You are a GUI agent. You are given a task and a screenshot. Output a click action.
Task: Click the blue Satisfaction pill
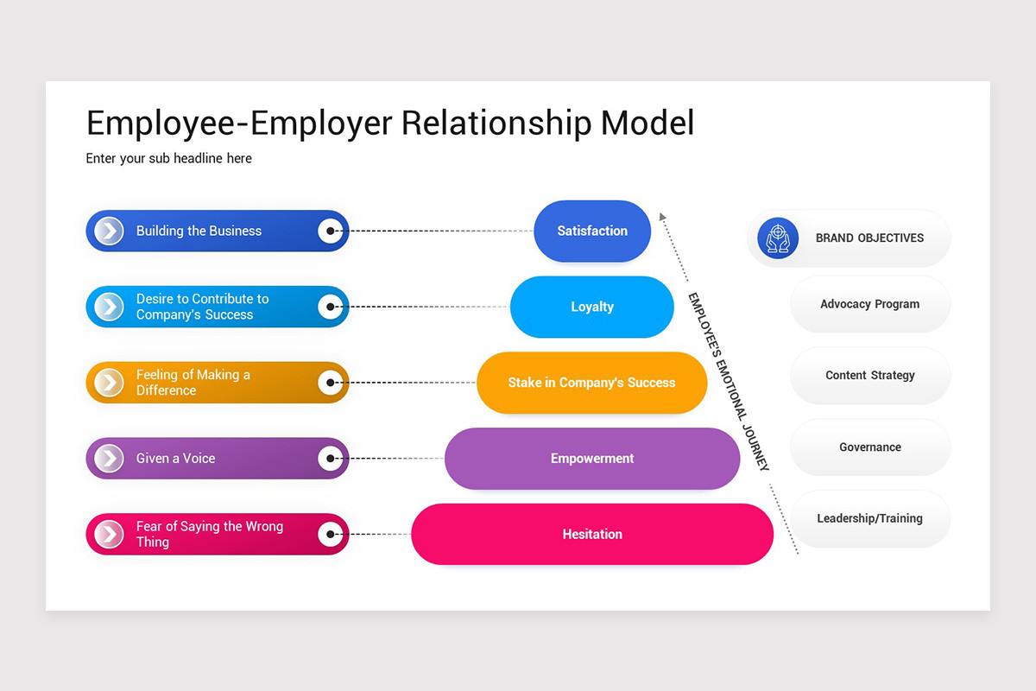click(x=592, y=231)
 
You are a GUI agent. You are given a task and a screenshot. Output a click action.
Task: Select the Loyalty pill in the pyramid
click(x=592, y=307)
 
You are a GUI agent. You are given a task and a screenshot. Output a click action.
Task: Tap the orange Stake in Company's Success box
click(x=592, y=383)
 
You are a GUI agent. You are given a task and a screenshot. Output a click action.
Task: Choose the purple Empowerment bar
click(x=592, y=459)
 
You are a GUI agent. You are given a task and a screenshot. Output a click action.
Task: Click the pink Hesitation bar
click(x=592, y=534)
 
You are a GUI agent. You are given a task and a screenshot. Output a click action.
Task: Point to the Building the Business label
click(x=199, y=231)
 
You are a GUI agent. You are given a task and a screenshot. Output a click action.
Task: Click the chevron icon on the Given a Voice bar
click(x=109, y=459)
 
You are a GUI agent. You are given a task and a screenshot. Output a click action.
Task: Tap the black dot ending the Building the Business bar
click(x=331, y=231)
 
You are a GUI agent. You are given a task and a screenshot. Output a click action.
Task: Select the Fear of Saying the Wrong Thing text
click(x=209, y=534)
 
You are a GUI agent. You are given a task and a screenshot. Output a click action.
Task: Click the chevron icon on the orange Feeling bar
click(x=109, y=383)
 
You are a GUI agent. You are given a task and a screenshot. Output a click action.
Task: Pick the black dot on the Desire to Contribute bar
click(x=331, y=307)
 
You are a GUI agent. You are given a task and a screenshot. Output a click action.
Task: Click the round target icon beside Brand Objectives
click(x=778, y=238)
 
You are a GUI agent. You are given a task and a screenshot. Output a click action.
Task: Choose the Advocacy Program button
click(x=869, y=304)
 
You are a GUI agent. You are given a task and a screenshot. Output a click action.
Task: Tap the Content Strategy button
click(x=869, y=376)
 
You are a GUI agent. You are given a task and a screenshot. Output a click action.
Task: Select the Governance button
click(x=869, y=447)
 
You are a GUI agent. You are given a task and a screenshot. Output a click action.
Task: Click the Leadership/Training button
click(x=869, y=518)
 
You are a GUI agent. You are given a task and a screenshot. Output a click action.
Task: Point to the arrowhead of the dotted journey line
click(x=662, y=217)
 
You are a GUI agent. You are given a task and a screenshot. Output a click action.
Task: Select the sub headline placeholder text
click(x=169, y=158)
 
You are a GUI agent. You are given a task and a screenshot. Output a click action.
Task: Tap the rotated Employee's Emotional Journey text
click(x=728, y=381)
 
